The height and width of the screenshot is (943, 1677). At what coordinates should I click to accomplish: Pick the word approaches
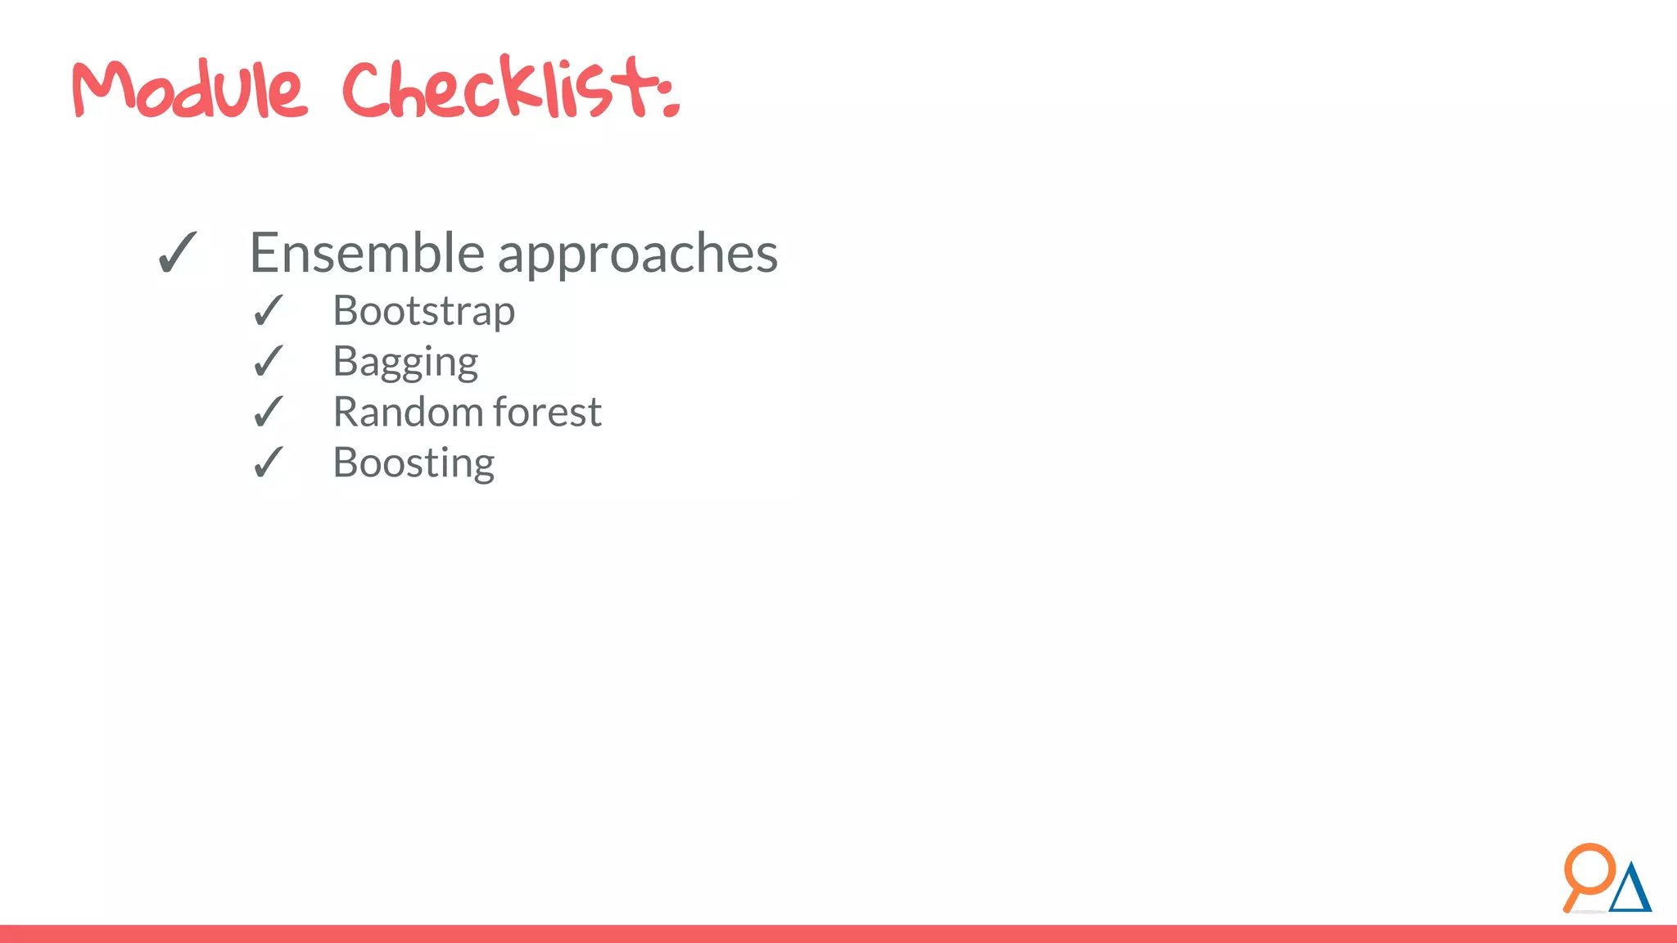[638, 255]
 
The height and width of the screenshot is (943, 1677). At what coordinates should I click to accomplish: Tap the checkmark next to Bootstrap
[268, 311]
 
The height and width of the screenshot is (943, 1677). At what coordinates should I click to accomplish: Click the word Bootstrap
[423, 312]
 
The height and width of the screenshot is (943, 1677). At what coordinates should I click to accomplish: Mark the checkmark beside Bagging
[268, 362]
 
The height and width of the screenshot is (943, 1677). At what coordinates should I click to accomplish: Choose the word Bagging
[405, 363]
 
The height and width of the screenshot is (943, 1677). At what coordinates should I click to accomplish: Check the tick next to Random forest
[268, 412]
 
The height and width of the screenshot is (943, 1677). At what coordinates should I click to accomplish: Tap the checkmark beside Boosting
[268, 463]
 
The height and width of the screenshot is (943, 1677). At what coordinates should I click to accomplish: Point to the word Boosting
[414, 463]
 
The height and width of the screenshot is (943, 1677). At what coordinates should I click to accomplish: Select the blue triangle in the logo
[1630, 891]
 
